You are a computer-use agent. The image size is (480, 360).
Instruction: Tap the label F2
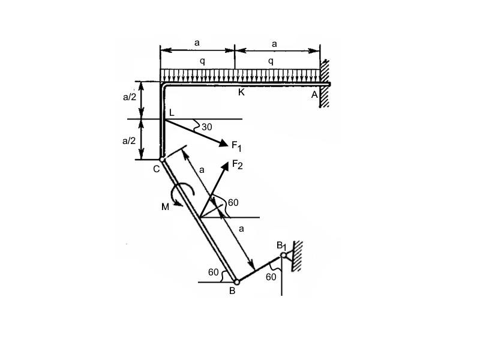[x=237, y=165]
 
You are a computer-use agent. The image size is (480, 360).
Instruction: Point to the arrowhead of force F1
[x=225, y=143]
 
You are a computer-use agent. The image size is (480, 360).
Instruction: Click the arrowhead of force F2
[x=226, y=164]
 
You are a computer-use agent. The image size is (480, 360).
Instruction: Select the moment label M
[x=165, y=207]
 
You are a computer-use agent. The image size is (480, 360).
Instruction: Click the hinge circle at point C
[x=163, y=160]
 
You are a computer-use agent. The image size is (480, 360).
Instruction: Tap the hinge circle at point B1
[x=283, y=256]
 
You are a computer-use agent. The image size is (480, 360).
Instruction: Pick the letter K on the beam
[x=241, y=92]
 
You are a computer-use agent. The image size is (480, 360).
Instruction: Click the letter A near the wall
[x=314, y=94]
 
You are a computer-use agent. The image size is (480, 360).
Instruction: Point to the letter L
[x=171, y=113]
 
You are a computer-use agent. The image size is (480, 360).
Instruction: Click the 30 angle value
[x=207, y=127]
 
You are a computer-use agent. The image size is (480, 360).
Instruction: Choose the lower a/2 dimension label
[x=130, y=141]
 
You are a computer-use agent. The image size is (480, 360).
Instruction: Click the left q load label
[x=202, y=61]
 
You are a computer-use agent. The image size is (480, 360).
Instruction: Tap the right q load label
[x=271, y=61]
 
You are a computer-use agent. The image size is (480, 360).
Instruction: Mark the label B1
[x=282, y=245]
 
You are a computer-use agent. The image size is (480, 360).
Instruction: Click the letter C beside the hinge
[x=156, y=169]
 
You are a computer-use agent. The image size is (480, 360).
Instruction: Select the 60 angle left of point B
[x=214, y=272]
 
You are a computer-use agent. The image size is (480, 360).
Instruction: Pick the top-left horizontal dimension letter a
[x=197, y=43]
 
